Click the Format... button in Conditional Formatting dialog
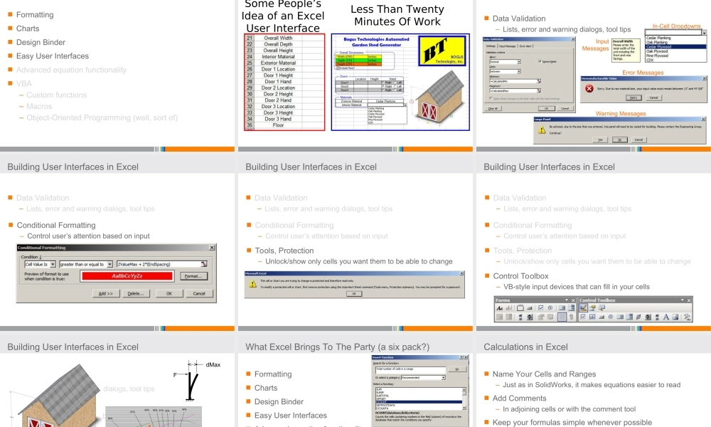click(193, 276)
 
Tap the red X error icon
click(589, 88)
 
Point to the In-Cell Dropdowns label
click(676, 26)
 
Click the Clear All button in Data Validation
click(491, 108)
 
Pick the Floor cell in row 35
click(279, 126)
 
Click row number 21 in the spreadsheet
click(249, 38)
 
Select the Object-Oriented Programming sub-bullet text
click(102, 117)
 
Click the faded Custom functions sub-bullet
click(57, 95)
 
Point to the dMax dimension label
click(213, 365)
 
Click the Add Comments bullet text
click(519, 399)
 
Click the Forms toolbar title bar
click(533, 300)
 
